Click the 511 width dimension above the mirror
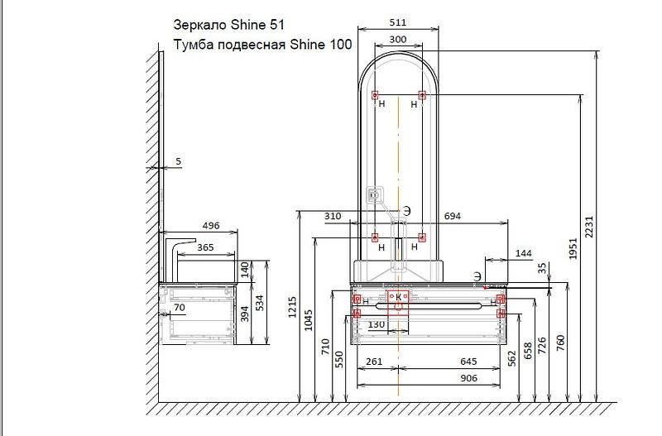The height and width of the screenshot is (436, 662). click(398, 22)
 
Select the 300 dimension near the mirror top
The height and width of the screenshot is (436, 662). click(398, 39)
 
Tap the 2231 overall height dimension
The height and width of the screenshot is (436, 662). click(589, 227)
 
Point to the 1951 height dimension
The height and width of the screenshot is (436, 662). click(573, 248)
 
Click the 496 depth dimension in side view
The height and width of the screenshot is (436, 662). click(211, 225)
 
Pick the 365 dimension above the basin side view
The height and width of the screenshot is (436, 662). click(205, 247)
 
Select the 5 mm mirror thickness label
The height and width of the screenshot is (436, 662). click(178, 161)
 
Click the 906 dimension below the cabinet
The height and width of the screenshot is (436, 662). click(468, 378)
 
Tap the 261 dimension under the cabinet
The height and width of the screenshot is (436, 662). click(374, 362)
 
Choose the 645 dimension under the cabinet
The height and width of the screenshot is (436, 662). click(468, 362)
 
